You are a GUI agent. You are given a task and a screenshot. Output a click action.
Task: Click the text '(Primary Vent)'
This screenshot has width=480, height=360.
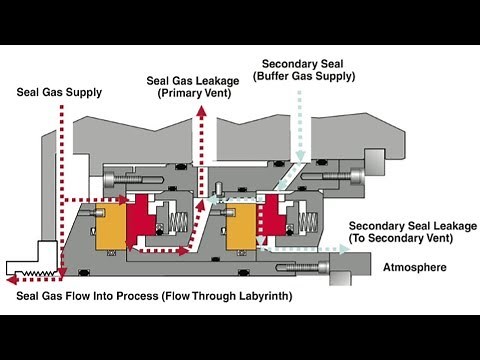pyautogui.click(x=197, y=93)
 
